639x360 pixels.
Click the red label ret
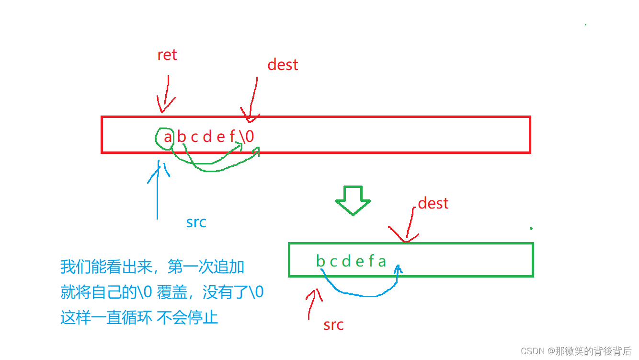pos(167,55)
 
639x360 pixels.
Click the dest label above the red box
pos(283,65)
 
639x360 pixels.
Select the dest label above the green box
pos(433,203)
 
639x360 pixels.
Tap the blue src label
pos(196,222)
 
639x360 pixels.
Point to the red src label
pos(333,325)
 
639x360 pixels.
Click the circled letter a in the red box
pos(168,137)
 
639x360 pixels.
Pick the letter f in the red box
pos(232,137)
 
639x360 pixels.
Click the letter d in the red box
pos(207,137)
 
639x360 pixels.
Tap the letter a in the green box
pos(382,261)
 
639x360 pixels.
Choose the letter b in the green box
pos(320,261)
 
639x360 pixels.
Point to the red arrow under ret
pos(166,94)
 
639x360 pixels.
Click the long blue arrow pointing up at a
pos(157,192)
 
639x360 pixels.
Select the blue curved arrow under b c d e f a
pos(364,290)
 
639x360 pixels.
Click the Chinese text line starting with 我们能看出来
pos(152,267)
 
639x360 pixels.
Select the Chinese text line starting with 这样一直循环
pos(139,317)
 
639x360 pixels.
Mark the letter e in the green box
pos(359,261)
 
